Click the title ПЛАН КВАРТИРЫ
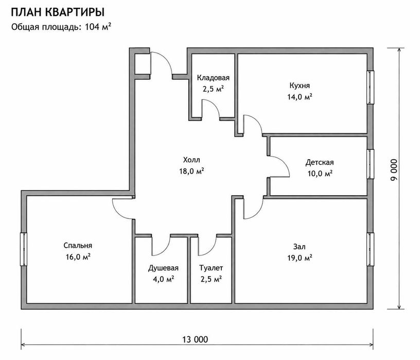tap(58, 12)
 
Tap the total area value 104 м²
tap(98, 27)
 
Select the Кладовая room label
tap(213, 78)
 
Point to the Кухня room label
tap(300, 85)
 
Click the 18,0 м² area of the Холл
tap(191, 171)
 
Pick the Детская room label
tap(320, 162)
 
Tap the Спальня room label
tap(78, 246)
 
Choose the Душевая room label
tap(163, 268)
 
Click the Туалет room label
tap(211, 268)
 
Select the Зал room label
tap(300, 246)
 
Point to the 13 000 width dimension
tap(195, 339)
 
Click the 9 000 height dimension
tap(394, 170)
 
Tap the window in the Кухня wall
tap(370, 87)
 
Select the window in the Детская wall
tap(370, 164)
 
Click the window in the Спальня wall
tap(24, 249)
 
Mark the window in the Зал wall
tap(370, 249)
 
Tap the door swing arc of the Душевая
tap(166, 250)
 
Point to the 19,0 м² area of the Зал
tap(300, 258)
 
